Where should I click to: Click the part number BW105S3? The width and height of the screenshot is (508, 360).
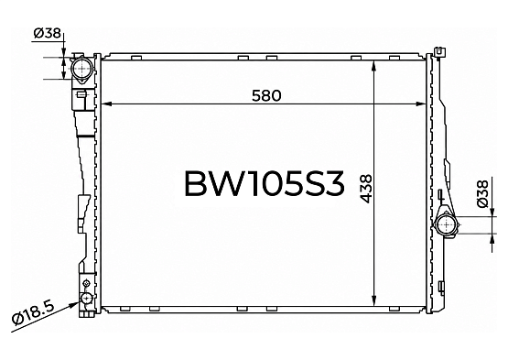point(264,184)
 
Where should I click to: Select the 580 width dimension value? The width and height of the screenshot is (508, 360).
point(266,95)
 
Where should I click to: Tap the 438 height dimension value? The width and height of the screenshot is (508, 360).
point(366,189)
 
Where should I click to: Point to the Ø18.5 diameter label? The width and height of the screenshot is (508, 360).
point(33,312)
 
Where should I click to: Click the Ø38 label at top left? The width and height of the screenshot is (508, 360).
point(48,33)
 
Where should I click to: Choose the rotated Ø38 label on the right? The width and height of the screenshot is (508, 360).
point(482,193)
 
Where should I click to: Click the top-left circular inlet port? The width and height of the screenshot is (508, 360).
point(82,69)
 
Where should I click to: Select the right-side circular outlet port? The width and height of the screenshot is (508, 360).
point(447,224)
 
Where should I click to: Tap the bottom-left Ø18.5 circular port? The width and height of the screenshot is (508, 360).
point(87,297)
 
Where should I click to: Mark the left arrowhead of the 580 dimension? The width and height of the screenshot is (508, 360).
point(107,104)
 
